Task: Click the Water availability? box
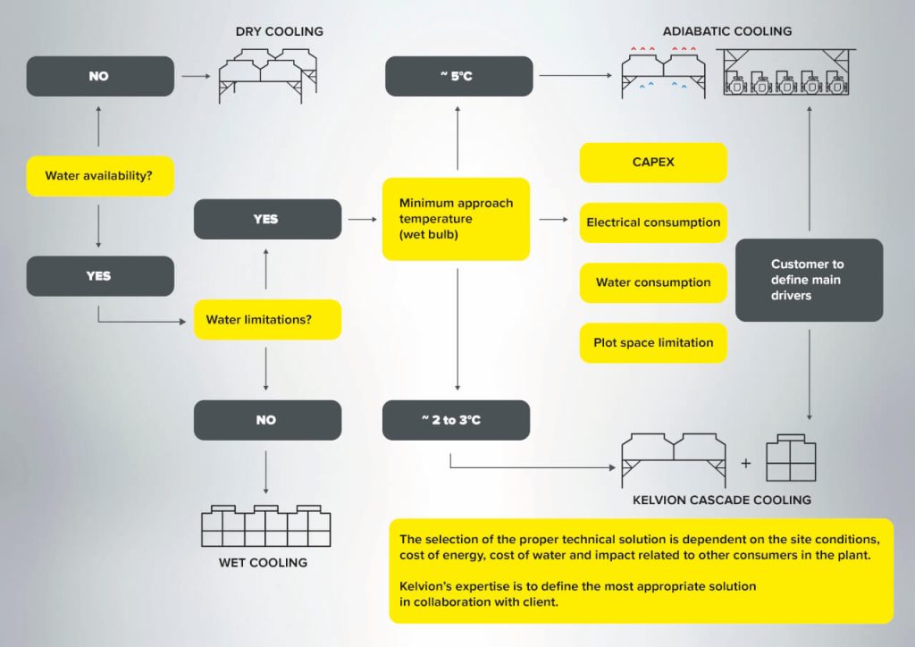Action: (100, 176)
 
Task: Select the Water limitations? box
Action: (267, 320)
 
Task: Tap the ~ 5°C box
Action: (458, 76)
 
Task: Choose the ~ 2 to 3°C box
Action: (456, 420)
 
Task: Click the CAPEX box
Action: (653, 162)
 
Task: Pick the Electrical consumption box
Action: (653, 223)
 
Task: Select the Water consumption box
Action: (653, 282)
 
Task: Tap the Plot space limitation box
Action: (653, 342)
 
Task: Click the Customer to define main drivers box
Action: (809, 280)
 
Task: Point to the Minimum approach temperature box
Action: (456, 219)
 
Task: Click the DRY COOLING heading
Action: (279, 31)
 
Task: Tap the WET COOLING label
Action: (263, 562)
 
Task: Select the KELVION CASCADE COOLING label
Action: (722, 500)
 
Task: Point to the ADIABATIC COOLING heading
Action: (727, 31)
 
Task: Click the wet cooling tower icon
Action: (265, 525)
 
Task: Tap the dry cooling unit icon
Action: (268, 76)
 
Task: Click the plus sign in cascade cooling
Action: (746, 463)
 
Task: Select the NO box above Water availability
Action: (100, 76)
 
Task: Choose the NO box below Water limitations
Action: (267, 420)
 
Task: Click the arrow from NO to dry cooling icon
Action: (196, 76)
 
